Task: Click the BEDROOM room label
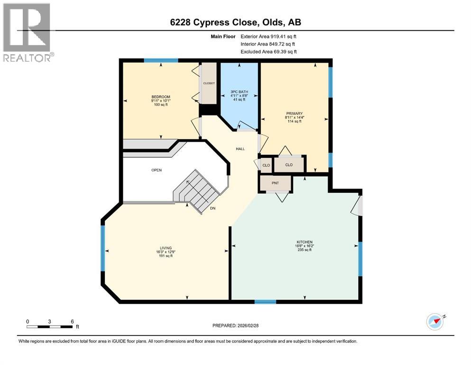click(160, 97)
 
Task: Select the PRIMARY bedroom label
click(294, 113)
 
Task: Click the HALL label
click(240, 149)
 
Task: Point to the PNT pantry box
click(276, 182)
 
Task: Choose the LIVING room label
click(166, 248)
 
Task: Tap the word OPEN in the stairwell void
click(157, 170)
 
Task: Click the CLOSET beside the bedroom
click(209, 83)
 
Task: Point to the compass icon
click(434, 322)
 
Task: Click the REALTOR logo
click(28, 32)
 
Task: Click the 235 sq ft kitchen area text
click(304, 250)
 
